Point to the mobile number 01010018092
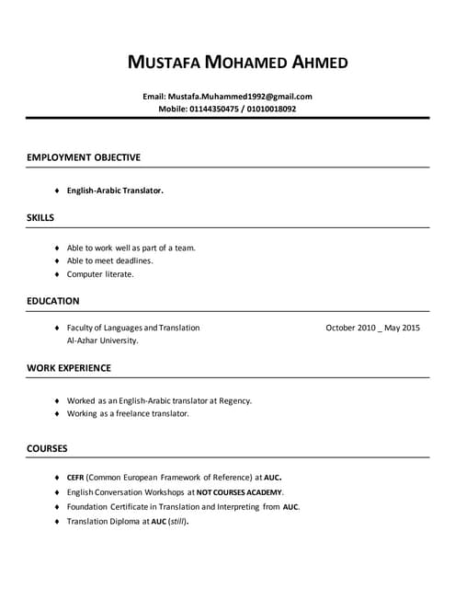269,109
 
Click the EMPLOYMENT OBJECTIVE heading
84,157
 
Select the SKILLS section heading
40,218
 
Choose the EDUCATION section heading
53,301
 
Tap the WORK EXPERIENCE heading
69,368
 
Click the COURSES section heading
47,448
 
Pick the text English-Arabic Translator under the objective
115,191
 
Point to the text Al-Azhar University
103,341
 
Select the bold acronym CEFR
76,478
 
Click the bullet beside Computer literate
57,274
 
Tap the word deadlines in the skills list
132,260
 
